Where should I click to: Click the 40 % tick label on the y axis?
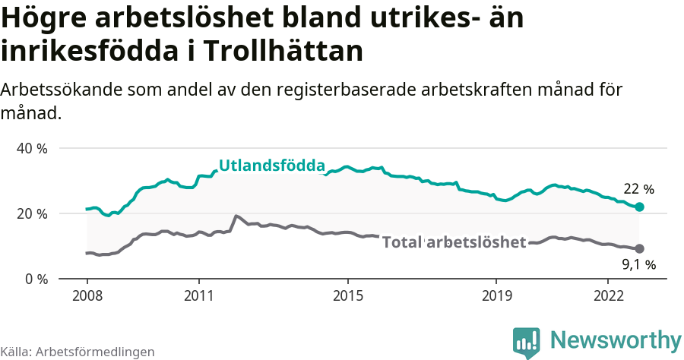click(x=32, y=148)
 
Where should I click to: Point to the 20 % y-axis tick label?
click(x=32, y=213)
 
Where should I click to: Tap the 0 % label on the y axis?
click(x=36, y=279)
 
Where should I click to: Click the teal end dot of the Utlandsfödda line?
click(x=640, y=207)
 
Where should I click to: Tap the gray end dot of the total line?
click(x=640, y=248)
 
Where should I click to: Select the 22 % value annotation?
click(x=638, y=189)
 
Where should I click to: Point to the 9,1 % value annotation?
click(x=638, y=265)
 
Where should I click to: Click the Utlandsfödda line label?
click(x=272, y=166)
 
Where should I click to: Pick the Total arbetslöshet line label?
click(x=454, y=242)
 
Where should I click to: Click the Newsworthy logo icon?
click(x=527, y=343)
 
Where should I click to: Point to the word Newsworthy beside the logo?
click(x=616, y=340)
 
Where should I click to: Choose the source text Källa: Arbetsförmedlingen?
click(x=78, y=352)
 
